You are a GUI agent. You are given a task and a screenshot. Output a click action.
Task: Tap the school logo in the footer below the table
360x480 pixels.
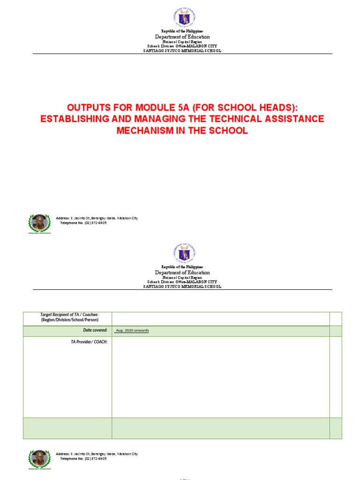point(39,459)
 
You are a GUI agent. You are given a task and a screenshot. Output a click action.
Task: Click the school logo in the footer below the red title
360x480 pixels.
point(39,223)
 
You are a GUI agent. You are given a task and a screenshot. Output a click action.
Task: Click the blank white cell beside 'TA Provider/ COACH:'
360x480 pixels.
point(220,377)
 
